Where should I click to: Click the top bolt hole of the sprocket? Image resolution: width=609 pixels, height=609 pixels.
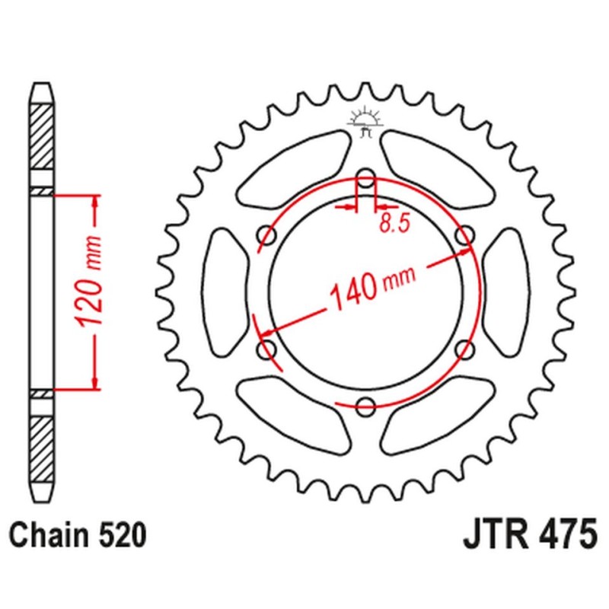pos(366,180)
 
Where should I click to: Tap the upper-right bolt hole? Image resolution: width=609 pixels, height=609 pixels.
pos(464,237)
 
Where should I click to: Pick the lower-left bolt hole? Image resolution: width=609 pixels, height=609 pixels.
pos(267,349)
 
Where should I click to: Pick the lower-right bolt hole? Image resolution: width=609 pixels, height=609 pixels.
pos(464,349)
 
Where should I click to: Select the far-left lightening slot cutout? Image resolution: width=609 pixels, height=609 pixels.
pos(226,292)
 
